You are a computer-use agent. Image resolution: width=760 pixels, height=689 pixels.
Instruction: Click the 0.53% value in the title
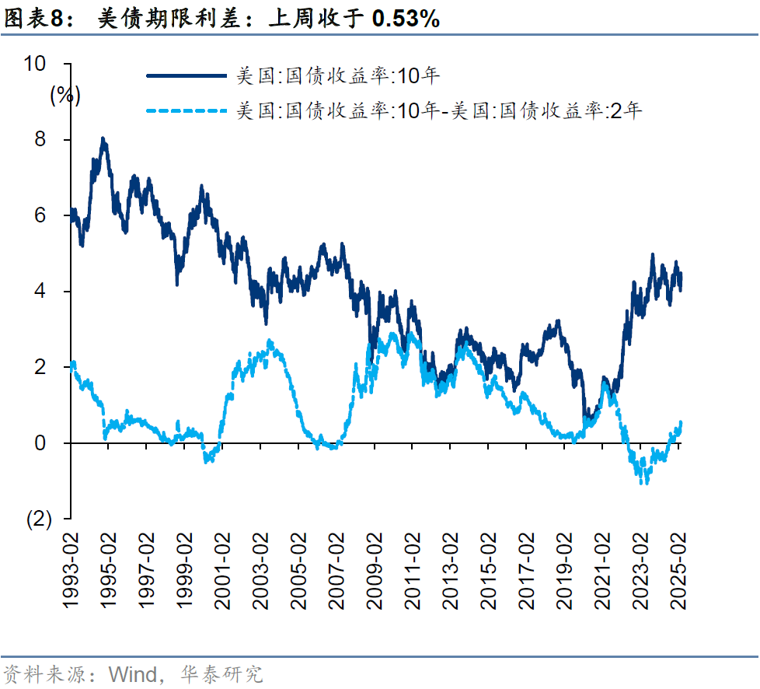[406, 19]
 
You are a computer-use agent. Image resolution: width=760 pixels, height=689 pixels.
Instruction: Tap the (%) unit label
[65, 95]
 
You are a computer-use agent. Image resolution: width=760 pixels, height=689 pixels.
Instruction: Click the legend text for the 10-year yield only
[338, 75]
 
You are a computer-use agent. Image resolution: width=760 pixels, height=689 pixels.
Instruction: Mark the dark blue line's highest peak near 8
[103, 139]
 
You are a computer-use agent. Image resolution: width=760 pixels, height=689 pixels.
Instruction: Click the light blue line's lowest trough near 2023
[644, 482]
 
